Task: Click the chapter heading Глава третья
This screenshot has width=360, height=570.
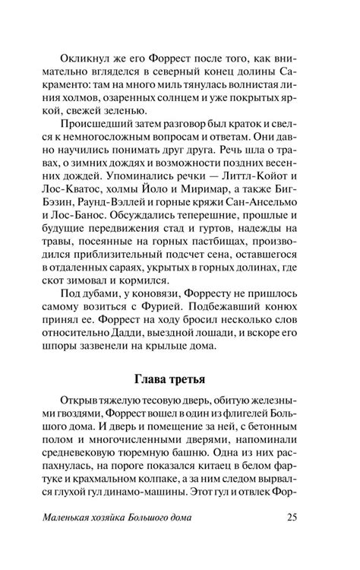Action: [x=179, y=377]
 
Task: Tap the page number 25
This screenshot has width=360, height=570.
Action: [x=296, y=540]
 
